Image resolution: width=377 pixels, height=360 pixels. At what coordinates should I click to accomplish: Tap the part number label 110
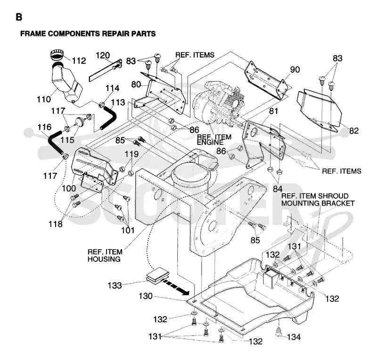point(44,99)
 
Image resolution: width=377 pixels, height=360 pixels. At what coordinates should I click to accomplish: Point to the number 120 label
point(103,55)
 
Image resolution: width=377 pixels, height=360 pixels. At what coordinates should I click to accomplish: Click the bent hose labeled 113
point(109,118)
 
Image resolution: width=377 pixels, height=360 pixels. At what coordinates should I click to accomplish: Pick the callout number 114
point(112,88)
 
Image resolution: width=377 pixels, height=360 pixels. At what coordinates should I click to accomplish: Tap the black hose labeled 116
point(56,143)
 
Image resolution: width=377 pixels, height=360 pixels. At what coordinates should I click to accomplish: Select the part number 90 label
point(295,69)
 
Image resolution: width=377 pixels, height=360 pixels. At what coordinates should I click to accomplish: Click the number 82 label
point(354,131)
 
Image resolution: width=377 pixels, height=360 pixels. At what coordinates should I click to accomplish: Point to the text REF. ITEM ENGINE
point(214,140)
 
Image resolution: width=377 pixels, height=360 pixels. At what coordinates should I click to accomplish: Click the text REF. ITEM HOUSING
point(105,256)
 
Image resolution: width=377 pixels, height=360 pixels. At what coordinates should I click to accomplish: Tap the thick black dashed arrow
point(175,286)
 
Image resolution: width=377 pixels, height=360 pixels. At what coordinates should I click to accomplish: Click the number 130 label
point(146,296)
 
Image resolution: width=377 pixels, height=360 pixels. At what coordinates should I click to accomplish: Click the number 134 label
point(294,337)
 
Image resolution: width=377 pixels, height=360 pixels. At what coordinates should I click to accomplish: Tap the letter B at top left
point(19,17)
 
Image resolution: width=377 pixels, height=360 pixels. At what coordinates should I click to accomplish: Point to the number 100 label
point(69,188)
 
